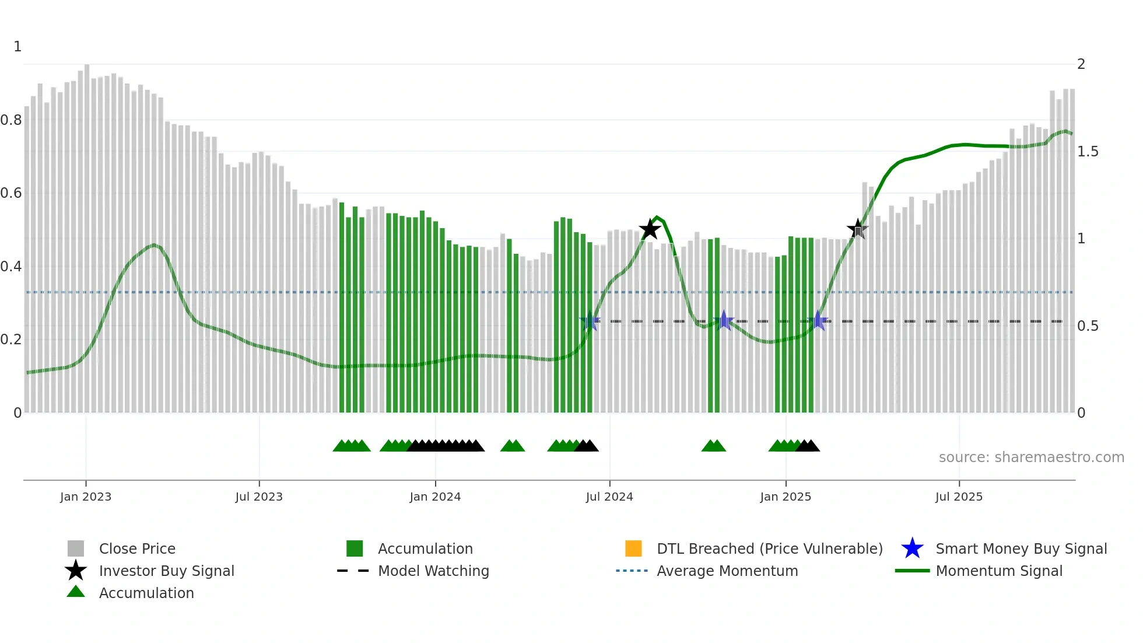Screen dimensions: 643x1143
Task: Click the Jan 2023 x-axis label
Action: [x=86, y=497]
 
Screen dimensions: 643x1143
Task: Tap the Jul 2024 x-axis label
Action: [x=609, y=497]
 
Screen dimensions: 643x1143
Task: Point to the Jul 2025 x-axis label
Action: [x=959, y=497]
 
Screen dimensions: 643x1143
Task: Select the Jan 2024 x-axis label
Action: [x=435, y=497]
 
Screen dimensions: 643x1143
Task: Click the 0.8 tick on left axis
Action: [x=11, y=120]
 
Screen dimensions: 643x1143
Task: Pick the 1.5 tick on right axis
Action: [x=1088, y=152]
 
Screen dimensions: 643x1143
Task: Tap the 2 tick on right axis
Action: [x=1081, y=64]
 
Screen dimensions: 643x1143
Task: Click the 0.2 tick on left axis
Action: [x=11, y=340]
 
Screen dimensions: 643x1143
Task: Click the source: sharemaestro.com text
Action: [x=1031, y=457]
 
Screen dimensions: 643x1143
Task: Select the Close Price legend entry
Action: [x=137, y=548]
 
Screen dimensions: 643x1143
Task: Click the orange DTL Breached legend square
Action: [x=633, y=548]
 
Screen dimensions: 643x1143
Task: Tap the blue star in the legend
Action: [x=912, y=548]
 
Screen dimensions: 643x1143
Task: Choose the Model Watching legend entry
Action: [x=433, y=571]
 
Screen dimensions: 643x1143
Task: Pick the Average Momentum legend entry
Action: [x=727, y=571]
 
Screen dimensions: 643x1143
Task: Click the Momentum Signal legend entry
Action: [x=998, y=571]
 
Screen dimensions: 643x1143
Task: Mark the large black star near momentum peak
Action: [x=650, y=229]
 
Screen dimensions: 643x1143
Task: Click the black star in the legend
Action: [x=76, y=571]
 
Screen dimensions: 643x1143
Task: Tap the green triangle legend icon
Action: [x=76, y=592]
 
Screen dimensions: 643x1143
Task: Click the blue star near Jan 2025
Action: [x=818, y=321]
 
